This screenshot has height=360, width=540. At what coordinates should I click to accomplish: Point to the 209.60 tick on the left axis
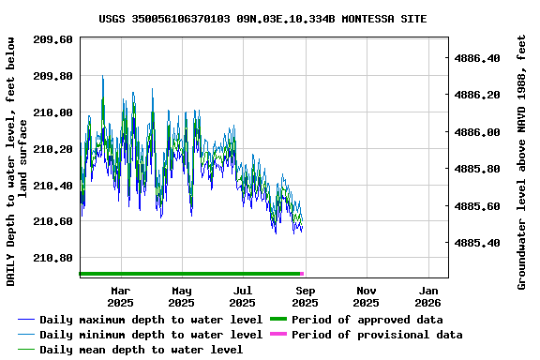click(x=52, y=39)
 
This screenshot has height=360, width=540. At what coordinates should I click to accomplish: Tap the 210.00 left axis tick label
click(x=52, y=112)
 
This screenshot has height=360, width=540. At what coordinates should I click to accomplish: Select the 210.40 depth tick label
click(x=52, y=186)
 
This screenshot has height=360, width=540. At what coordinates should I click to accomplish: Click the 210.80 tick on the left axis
click(x=52, y=258)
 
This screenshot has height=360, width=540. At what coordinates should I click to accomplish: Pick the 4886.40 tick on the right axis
click(x=477, y=58)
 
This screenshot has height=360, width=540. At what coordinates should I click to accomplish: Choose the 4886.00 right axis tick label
click(x=477, y=132)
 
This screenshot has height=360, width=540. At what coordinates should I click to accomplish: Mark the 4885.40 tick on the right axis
click(x=477, y=243)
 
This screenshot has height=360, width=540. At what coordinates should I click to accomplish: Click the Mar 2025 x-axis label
click(x=120, y=296)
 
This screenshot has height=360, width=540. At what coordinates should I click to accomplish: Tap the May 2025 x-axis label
click(x=182, y=296)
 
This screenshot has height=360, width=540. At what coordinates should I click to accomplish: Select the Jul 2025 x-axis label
click(x=243, y=296)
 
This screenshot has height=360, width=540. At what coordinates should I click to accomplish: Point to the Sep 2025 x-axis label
click(x=305, y=296)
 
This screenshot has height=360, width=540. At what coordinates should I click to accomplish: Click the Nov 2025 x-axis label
click(x=367, y=296)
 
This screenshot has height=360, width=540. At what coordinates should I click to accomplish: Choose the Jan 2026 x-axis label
click(x=427, y=296)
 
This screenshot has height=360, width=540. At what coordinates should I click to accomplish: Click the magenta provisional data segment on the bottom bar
click(x=302, y=274)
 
